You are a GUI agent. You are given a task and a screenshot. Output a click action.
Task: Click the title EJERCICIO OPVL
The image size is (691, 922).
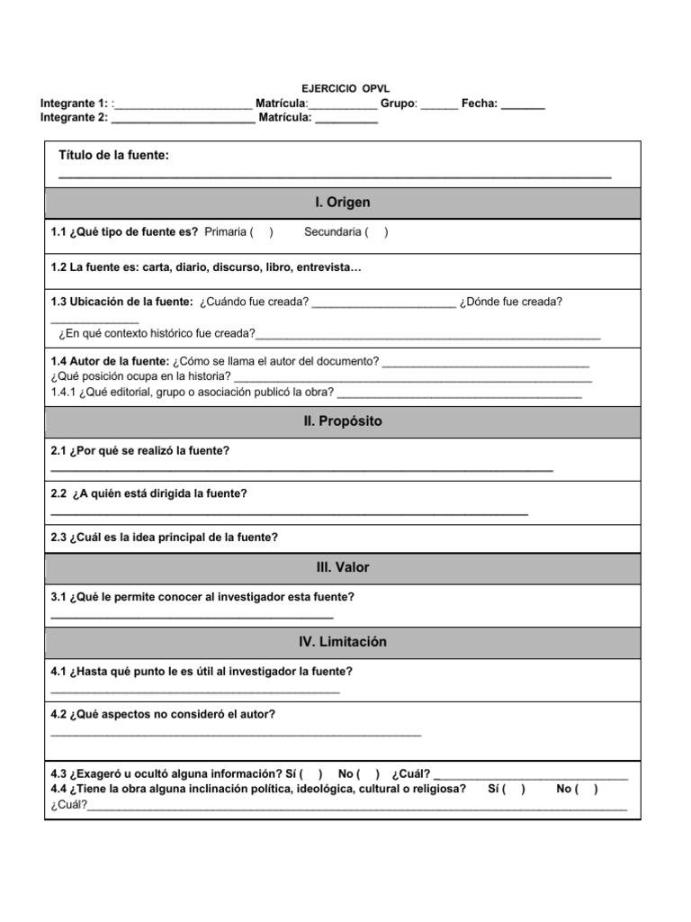pyautogui.click(x=345, y=90)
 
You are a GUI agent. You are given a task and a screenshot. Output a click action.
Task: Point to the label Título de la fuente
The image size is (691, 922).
pyautogui.click(x=113, y=156)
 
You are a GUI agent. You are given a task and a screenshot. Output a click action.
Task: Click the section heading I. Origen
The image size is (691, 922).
pyautogui.click(x=342, y=203)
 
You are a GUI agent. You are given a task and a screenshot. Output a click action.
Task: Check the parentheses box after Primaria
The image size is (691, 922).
pyautogui.click(x=262, y=232)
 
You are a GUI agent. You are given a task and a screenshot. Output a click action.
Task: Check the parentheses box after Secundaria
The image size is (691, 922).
pyautogui.click(x=378, y=232)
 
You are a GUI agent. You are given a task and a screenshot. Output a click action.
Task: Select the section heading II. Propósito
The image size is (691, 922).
pyautogui.click(x=342, y=421)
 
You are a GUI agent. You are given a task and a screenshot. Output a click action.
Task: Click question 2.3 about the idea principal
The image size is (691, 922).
pyautogui.click(x=165, y=538)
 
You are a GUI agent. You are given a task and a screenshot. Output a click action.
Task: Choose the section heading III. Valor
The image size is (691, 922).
pyautogui.click(x=342, y=567)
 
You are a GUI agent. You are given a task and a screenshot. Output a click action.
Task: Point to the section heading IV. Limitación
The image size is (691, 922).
pyautogui.click(x=342, y=642)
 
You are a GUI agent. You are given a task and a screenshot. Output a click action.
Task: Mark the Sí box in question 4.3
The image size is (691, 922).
pyautogui.click(x=311, y=774)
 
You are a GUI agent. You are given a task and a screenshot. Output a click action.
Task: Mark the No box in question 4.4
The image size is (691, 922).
pyautogui.click(x=588, y=789)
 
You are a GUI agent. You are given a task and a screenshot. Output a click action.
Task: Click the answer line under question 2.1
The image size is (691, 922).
pyautogui.click(x=301, y=469)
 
